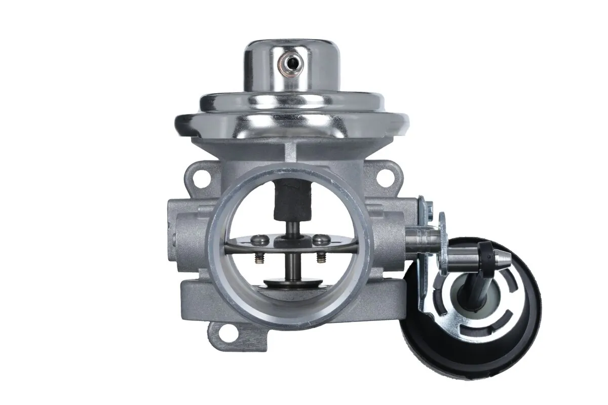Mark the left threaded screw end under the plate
click(258, 259)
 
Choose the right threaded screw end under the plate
click(320, 259)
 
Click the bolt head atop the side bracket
click(429, 207)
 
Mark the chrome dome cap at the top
click(291, 66)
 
